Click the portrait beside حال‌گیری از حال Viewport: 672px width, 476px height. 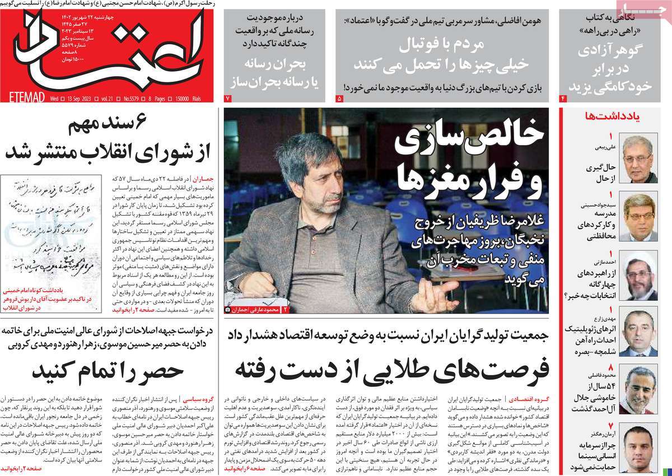[640, 160]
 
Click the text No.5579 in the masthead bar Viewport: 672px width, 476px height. [135, 99]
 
